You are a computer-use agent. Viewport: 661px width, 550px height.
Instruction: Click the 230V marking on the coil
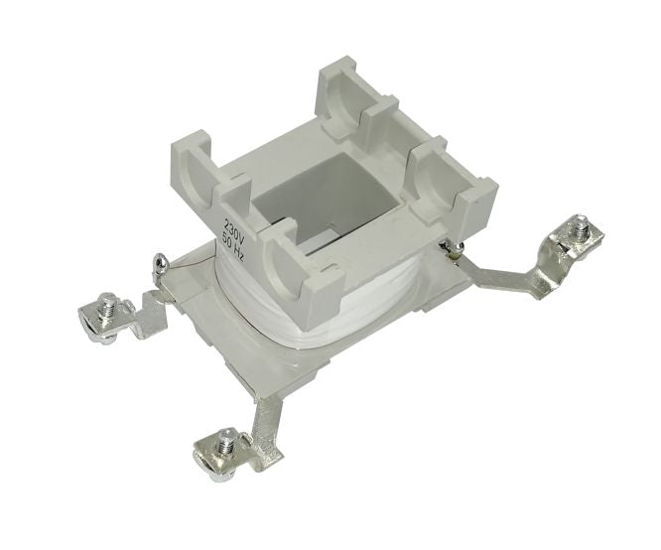[231, 223]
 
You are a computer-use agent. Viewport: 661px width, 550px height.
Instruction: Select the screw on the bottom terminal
[225, 440]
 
